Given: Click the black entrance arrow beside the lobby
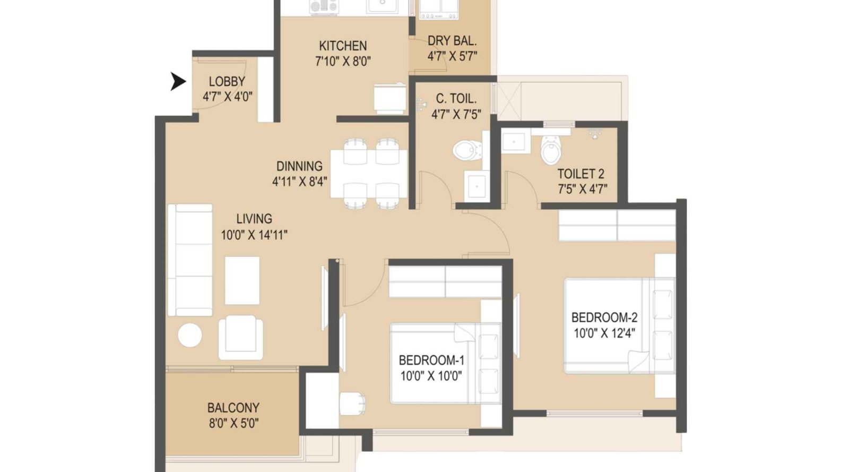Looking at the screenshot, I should coord(178,81).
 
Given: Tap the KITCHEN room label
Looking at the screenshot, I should coord(342,46).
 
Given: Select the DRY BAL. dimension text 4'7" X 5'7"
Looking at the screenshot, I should coord(452,56).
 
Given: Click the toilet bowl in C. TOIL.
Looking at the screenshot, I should coord(466,150).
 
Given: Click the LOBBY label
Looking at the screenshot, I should coord(227,81).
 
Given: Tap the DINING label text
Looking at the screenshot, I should coord(299,166).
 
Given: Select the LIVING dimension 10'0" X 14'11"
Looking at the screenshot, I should coord(254,235).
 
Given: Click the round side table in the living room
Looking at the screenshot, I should coord(189,335).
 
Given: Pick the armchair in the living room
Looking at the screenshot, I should coord(241,338).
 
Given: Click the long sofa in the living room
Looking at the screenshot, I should coord(189,260).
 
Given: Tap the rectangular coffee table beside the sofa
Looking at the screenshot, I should coord(242,280).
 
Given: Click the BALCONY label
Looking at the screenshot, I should coord(233,408).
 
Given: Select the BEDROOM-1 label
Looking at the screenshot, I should coord(431,360).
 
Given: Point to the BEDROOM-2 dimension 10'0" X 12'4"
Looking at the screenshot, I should coord(604,333).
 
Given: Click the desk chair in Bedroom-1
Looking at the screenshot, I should coord(352,404).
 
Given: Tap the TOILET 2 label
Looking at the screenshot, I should coord(581,174).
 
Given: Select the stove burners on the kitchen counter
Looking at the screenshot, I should coord(324,6).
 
